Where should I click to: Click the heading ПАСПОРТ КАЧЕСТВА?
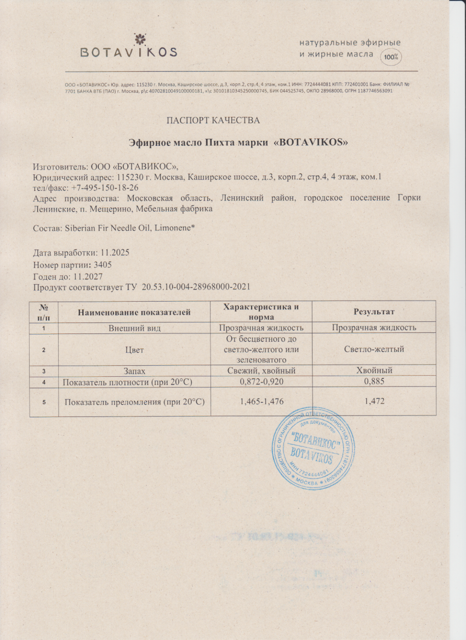click(213, 120)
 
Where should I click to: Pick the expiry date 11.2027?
click(83, 276)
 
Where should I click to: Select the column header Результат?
click(374, 311)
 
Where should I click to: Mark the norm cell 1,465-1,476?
click(262, 402)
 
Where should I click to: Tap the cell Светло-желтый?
click(374, 349)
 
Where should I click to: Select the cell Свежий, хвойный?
click(262, 371)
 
